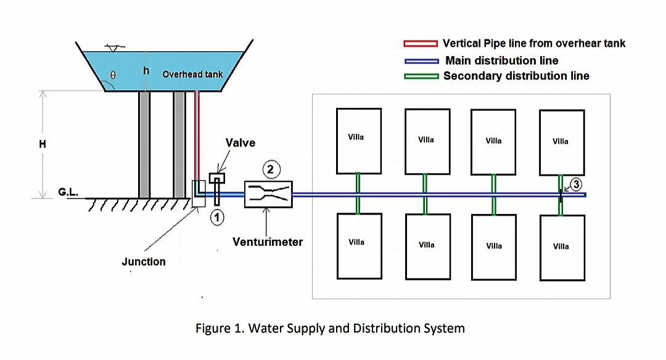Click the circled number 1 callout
pos(217,217)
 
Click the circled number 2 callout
pos(269,168)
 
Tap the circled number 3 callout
pos(575,185)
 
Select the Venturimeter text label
pos(268,242)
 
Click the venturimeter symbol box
pos(268,194)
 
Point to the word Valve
pos(240,142)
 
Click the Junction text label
pos(144,261)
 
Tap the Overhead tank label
pos(192,75)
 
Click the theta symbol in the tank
pos(113,75)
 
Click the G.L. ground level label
pos(68,192)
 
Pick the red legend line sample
pos(421,44)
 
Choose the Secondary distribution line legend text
pos(516,76)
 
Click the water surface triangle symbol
pos(112,48)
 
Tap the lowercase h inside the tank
pos(146,71)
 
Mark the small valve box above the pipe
pos(217,178)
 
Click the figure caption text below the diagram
pos(330,328)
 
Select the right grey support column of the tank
pos(179,144)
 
